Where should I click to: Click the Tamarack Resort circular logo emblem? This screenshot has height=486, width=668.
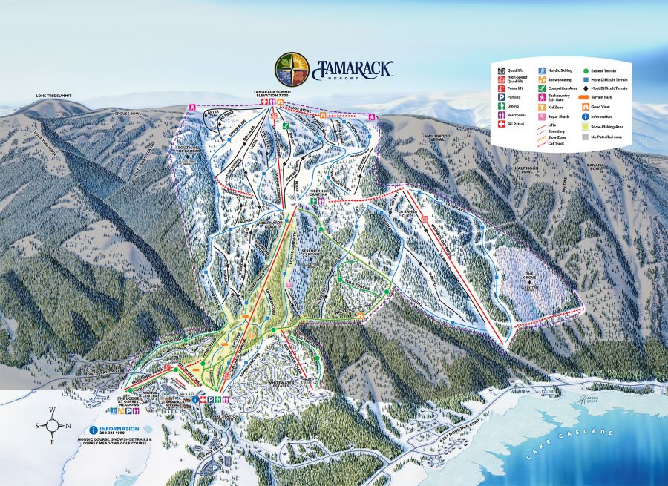(292, 69)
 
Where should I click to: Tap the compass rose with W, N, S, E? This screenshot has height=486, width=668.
(52, 426)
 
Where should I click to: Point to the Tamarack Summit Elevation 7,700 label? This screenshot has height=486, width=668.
(274, 93)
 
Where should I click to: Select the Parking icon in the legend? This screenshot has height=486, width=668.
(501, 96)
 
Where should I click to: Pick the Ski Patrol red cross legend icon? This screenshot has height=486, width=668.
(501, 124)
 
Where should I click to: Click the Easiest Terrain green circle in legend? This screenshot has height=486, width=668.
(585, 70)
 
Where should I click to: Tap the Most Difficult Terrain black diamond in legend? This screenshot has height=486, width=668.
(585, 88)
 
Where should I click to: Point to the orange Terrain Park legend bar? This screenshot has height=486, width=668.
(585, 97)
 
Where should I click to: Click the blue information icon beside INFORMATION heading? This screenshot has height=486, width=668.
(93, 430)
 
